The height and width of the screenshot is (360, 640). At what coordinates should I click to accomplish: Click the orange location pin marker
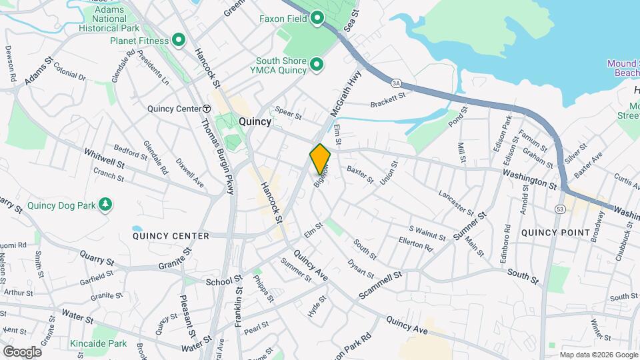(320, 159)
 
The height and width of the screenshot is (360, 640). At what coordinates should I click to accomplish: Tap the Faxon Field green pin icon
(317, 18)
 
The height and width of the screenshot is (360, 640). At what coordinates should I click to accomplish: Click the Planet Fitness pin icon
(178, 41)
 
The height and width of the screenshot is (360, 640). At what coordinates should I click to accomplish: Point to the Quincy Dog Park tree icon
(105, 204)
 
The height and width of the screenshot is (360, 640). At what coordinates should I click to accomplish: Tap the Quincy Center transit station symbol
(207, 109)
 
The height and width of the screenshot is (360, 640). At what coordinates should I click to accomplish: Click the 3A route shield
(397, 82)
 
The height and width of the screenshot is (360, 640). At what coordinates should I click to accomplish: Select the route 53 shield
(558, 209)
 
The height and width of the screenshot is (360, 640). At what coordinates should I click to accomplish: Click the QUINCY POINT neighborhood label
(555, 233)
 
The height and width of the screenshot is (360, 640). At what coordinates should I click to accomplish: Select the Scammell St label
(381, 283)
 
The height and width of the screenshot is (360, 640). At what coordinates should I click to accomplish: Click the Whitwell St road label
(104, 158)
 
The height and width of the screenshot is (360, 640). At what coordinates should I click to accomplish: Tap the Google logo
(21, 352)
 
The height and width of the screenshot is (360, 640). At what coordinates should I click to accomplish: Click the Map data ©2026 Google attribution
(598, 355)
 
